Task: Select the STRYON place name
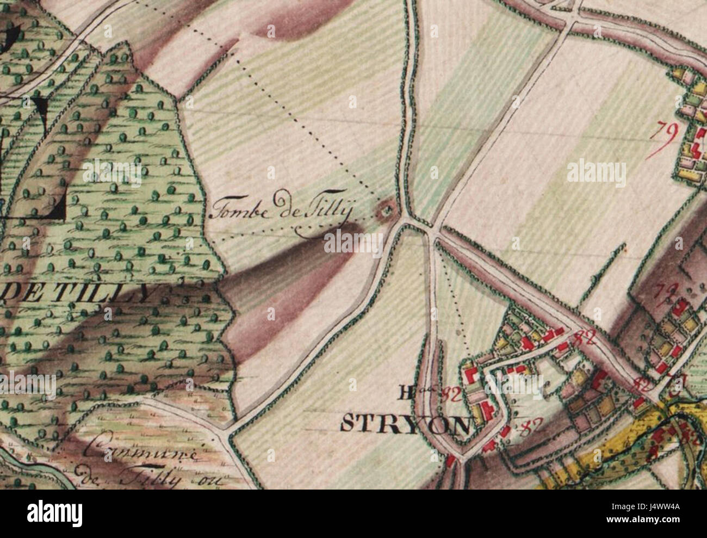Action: [x=405, y=423]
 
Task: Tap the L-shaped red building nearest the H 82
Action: [x=471, y=376]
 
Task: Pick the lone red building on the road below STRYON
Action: [x=451, y=461]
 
